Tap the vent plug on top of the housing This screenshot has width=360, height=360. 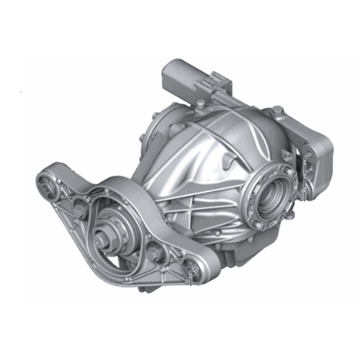[199, 105]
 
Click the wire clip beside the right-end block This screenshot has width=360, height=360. [306, 171]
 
